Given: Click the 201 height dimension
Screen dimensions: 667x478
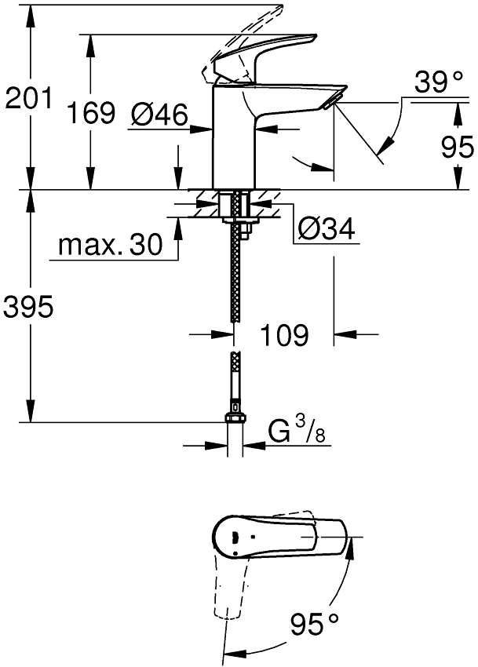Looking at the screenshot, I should (28, 99).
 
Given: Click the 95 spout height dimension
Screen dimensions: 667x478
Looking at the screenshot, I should (457, 147).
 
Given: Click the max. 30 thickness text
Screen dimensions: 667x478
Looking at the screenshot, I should (110, 246).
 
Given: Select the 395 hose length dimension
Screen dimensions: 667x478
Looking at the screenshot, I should (28, 308).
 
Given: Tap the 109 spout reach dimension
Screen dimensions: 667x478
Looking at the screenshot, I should (283, 336).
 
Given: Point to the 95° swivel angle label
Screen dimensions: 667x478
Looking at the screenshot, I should (314, 625).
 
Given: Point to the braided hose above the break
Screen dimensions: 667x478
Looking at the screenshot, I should (234, 275).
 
